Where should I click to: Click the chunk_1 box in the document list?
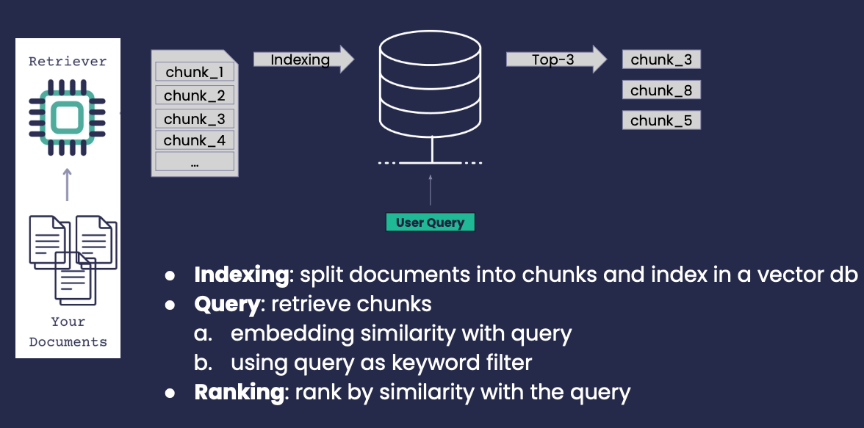(x=195, y=72)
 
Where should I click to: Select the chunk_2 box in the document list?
(x=195, y=95)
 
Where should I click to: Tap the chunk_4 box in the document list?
(x=195, y=140)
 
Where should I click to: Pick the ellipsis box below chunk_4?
(x=195, y=162)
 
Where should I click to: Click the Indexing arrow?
(x=303, y=59)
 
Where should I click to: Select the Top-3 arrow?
(x=557, y=59)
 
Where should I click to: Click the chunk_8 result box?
(x=661, y=90)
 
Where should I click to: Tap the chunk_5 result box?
(x=661, y=120)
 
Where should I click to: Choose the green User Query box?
(x=430, y=222)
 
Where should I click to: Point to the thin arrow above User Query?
(x=431, y=190)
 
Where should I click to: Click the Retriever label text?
(x=68, y=61)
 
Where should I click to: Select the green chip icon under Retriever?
(x=68, y=117)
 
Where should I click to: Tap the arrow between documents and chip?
(x=68, y=184)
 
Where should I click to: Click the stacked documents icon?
(x=73, y=260)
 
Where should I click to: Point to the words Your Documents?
(x=68, y=332)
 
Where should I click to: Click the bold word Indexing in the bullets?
(x=241, y=275)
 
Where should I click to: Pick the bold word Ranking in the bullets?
(x=239, y=393)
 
